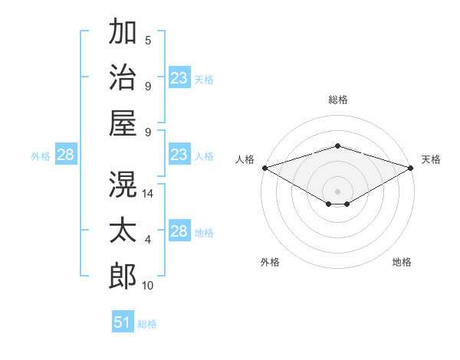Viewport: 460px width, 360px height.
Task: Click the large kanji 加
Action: [123, 31]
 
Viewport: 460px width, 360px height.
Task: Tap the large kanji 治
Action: [123, 77]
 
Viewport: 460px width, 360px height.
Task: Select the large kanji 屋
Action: [123, 123]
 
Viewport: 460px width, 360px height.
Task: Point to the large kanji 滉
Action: [123, 184]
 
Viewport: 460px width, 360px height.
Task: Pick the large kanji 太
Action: [123, 230]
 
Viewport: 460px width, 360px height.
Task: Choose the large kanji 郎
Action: [123, 277]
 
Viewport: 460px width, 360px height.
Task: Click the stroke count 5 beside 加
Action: [148, 41]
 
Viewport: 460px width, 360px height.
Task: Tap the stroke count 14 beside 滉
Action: [147, 194]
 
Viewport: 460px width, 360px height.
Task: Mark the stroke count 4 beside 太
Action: [148, 240]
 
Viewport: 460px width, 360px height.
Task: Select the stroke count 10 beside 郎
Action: [147, 286]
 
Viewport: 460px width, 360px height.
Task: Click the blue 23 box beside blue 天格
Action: [179, 77]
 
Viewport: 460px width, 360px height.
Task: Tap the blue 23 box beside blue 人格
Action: [179, 154]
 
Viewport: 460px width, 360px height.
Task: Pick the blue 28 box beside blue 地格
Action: [179, 230]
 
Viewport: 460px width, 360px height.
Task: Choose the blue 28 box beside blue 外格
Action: [66, 154]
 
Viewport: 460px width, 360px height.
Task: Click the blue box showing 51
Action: [123, 321]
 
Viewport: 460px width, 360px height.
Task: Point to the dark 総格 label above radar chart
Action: [338, 100]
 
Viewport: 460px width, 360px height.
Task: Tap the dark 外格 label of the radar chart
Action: [270, 262]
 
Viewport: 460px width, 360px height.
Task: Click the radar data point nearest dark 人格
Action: [265, 168]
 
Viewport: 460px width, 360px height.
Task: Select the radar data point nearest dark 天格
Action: [411, 168]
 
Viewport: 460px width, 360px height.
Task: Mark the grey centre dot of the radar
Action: [337, 191]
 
